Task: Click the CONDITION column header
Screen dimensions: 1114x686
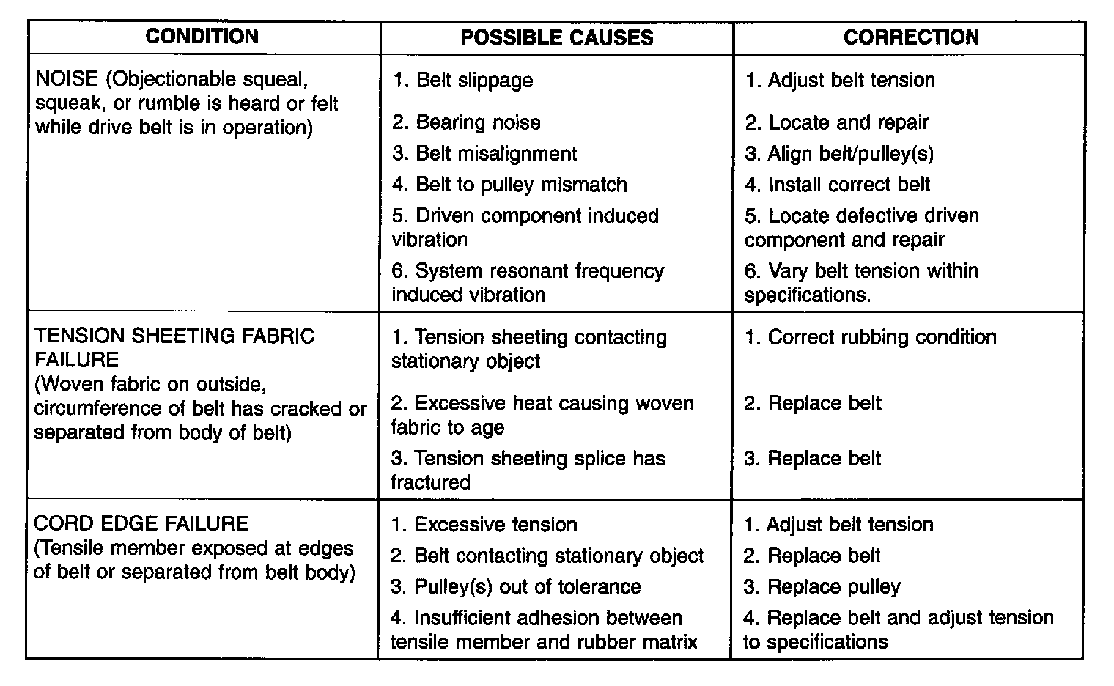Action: [x=202, y=37]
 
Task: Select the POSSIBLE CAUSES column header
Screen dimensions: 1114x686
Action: [x=557, y=38]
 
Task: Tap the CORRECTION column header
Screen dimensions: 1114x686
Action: [x=910, y=38]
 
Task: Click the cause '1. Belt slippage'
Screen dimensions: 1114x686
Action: [x=462, y=80]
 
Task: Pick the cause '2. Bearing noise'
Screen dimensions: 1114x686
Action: [x=466, y=122]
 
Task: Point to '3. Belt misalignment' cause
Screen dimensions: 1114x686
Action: [x=484, y=154]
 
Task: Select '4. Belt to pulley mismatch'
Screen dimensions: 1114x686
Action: [x=509, y=185]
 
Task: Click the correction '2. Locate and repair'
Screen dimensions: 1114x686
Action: [x=836, y=122]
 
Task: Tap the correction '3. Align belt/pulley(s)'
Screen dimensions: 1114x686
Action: [x=839, y=154]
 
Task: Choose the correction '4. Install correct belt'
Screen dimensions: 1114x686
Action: [x=837, y=185]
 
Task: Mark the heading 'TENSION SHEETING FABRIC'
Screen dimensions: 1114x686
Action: [x=174, y=336]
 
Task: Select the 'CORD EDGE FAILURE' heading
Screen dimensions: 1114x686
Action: [x=141, y=524]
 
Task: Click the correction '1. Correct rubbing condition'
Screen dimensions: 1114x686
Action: [x=870, y=337]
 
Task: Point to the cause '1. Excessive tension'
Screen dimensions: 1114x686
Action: [x=484, y=525]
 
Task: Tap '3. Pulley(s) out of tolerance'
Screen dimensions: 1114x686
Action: [x=515, y=587]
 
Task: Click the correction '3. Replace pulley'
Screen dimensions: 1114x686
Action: [x=822, y=587]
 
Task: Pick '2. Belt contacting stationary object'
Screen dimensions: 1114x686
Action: [x=547, y=556]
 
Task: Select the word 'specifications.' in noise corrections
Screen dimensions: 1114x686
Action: [x=808, y=295]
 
